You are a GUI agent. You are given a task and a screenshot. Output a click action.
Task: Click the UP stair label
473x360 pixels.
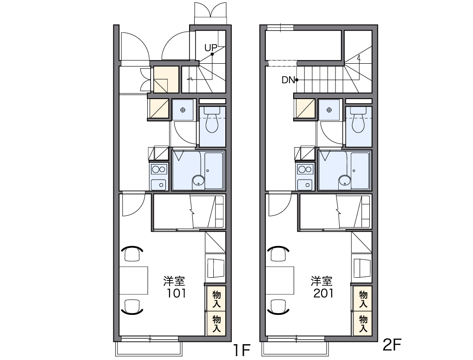point(210,48)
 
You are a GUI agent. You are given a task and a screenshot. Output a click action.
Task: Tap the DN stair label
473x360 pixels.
point(288,80)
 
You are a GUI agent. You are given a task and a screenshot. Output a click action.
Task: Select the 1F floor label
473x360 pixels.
point(242,350)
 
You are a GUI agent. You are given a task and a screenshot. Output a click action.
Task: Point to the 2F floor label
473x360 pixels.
point(392,345)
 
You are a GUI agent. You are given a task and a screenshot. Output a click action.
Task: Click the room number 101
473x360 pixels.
point(177,293)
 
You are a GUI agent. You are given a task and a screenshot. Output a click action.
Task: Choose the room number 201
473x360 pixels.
point(323,293)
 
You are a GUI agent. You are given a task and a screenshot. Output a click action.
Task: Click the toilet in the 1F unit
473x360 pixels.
point(212,120)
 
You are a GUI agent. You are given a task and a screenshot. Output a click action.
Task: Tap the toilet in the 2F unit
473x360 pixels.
point(358,120)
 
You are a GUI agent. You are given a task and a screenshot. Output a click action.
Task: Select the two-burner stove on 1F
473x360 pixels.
point(159,169)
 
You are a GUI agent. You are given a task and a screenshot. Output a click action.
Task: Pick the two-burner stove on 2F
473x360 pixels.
point(305,169)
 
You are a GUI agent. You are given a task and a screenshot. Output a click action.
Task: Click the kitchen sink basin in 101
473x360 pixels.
point(159,185)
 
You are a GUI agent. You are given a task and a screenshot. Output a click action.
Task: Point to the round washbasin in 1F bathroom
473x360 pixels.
point(198,180)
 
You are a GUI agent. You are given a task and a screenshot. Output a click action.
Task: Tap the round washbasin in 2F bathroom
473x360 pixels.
point(344,180)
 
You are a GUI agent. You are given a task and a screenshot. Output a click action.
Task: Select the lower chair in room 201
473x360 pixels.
point(278,307)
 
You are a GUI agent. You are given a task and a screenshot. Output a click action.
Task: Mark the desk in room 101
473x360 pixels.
point(133,280)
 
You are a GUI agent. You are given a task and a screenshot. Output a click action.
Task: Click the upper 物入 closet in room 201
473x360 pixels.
point(362,299)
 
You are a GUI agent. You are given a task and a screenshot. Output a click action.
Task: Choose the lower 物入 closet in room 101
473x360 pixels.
point(217,323)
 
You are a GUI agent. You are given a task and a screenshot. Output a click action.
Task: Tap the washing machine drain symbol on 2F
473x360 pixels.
point(329,110)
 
